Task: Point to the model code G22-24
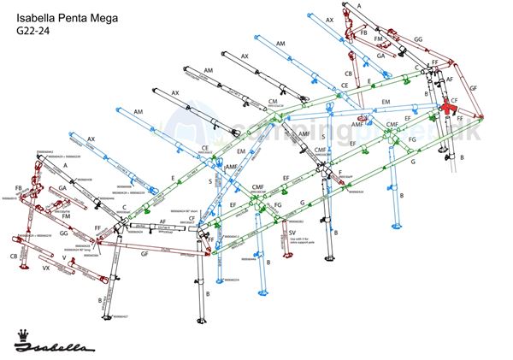point(35,32)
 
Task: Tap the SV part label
point(292,232)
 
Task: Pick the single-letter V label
point(64,257)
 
